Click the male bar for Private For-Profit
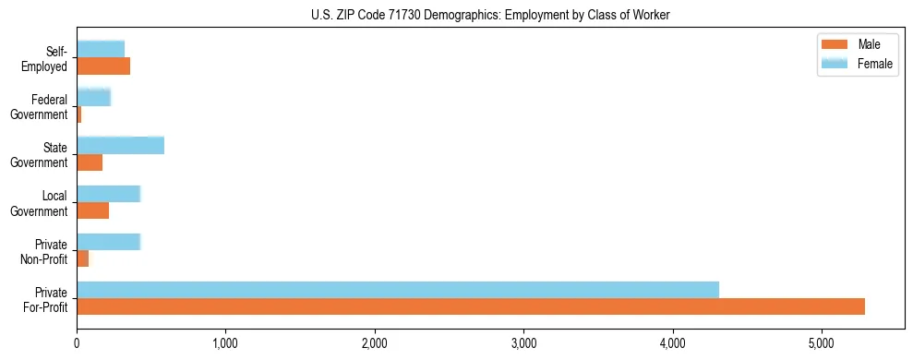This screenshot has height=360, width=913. pos(471,306)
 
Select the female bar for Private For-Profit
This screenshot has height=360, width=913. pos(398,290)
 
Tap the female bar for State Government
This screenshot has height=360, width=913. pos(121,145)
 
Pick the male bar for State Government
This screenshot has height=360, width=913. pos(90,162)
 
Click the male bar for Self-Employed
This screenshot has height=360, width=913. pos(103,66)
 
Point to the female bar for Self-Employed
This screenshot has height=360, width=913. pos(101,49)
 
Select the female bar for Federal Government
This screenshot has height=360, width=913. pos(94,97)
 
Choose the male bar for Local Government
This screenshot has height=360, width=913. pos(93,210)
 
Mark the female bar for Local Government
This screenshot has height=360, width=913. pos(109,193)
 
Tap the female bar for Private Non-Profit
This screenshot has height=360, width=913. pos(109,241)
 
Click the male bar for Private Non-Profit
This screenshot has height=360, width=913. pos(83,258)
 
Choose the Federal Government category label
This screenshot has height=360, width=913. pos(39,107)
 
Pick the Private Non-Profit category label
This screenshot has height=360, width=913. pos(44,251)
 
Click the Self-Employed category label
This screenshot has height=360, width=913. pos(45,58)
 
